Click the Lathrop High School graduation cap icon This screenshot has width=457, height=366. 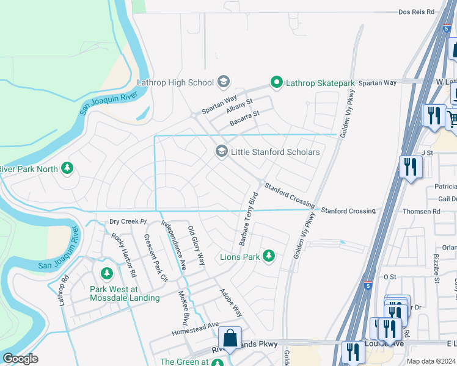[224, 82]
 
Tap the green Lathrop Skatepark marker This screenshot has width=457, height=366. [277, 82]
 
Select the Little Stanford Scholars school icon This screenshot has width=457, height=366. [221, 151]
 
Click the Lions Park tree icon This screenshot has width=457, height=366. [268, 256]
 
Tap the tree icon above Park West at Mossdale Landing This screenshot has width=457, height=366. [108, 273]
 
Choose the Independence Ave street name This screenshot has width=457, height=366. [174, 244]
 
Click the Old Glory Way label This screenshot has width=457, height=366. [196, 245]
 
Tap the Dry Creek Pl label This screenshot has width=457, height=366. [129, 221]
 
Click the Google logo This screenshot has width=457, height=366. [21, 359]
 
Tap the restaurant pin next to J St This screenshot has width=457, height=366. [410, 166]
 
